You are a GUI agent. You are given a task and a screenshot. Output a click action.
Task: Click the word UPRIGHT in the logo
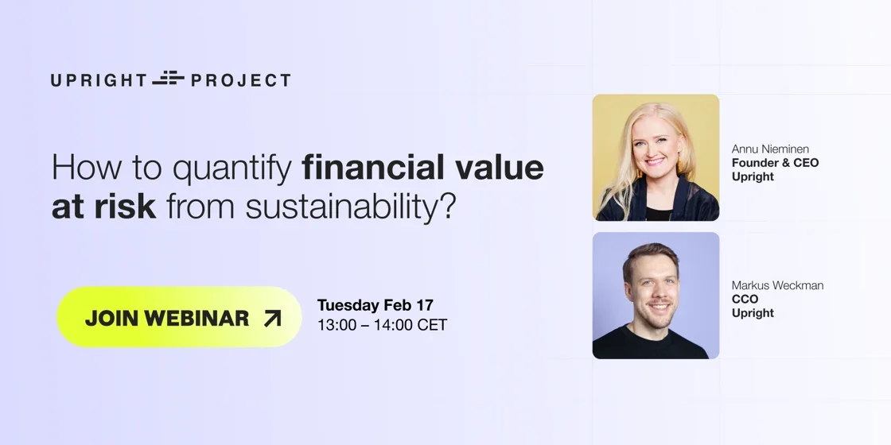tap(99, 80)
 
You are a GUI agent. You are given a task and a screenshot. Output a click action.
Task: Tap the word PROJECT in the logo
tap(240, 80)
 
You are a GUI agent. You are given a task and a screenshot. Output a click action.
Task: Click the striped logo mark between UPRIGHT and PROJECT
tap(168, 79)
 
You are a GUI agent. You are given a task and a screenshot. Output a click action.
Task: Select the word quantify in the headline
tap(232, 169)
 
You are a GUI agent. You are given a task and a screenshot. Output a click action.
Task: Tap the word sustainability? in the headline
tap(351, 208)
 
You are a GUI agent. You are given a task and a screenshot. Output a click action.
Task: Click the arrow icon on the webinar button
tap(272, 319)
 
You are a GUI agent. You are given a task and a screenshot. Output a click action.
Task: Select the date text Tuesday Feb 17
tap(375, 305)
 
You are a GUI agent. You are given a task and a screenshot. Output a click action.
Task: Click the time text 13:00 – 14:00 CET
tap(383, 325)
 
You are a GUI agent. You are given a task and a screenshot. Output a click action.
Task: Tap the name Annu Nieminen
tap(770, 149)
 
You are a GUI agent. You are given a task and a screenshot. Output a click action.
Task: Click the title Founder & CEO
tap(775, 163)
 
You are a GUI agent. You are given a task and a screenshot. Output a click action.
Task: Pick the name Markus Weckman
tap(777, 285)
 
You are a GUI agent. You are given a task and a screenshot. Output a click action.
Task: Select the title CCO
tap(745, 299)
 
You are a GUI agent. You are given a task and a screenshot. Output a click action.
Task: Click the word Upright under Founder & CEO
tap(753, 177)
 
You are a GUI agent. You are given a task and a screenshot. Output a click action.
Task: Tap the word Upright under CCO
tap(753, 313)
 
